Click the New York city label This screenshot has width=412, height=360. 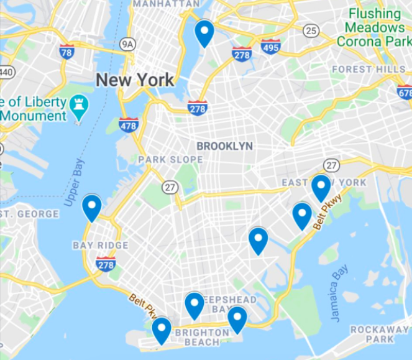(135, 80)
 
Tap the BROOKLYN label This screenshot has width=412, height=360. (224, 146)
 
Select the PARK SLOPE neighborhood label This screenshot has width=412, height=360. (170, 160)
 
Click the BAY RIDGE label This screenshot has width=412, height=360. (100, 245)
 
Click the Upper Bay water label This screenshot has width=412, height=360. (75, 183)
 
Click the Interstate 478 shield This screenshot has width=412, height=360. (129, 125)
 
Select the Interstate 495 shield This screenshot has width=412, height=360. (271, 47)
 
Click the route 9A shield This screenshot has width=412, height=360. (127, 44)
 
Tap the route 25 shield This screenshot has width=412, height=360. (311, 30)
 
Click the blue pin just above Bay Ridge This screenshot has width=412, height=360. (93, 207)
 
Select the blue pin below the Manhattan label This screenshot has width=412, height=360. (204, 32)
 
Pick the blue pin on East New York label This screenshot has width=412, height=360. (321, 188)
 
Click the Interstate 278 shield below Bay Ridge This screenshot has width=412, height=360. (106, 264)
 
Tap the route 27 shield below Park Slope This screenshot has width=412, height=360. (170, 187)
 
